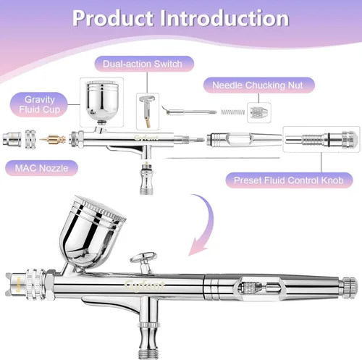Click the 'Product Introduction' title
click(x=180, y=18)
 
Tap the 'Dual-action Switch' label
click(x=143, y=64)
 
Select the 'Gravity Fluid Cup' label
click(x=40, y=104)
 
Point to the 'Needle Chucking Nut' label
click(x=258, y=85)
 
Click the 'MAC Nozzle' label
click(x=41, y=168)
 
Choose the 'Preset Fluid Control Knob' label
click(x=289, y=180)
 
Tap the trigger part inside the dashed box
click(x=148, y=112)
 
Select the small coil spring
click(x=233, y=112)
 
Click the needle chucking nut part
click(x=259, y=112)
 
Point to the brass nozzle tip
click(x=53, y=140)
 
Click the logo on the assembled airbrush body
click(x=145, y=285)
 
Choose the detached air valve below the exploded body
click(x=146, y=178)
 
